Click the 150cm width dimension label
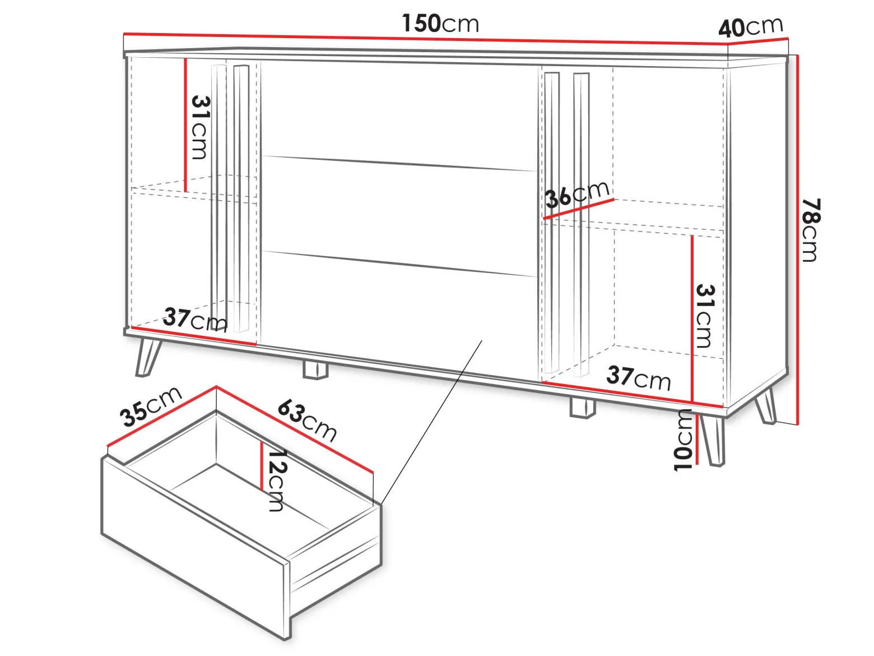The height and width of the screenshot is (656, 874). [x=440, y=23]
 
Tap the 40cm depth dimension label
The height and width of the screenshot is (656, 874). [x=751, y=27]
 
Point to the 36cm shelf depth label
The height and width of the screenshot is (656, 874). [x=577, y=195]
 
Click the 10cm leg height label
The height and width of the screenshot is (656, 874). [x=684, y=440]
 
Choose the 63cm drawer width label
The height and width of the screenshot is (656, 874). [x=307, y=421]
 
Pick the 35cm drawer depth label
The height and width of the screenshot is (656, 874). [x=151, y=406]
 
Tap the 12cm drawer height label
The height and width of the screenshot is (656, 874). [x=276, y=480]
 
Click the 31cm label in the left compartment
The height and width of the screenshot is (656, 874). [x=199, y=127]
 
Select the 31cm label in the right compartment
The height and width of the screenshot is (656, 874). [x=704, y=316]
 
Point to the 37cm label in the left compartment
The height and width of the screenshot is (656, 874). [x=195, y=320]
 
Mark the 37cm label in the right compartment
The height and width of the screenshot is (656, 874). [x=639, y=378]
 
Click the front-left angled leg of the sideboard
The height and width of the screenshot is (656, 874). [x=148, y=357]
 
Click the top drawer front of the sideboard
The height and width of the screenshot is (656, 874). [x=399, y=116]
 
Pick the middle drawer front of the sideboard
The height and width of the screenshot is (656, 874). [x=399, y=215]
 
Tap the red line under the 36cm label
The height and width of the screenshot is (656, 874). [x=579, y=209]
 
